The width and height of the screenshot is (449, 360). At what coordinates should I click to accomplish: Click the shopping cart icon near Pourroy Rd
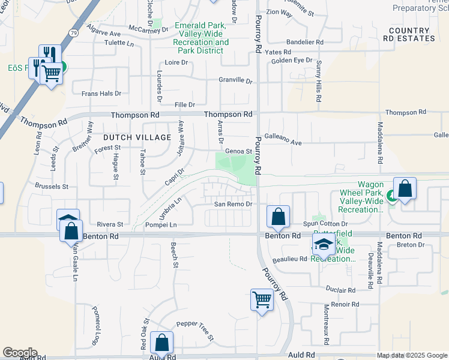click(262, 299)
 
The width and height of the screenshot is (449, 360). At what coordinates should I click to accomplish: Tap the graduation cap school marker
click(323, 244)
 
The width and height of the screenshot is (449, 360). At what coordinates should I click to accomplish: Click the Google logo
click(19, 353)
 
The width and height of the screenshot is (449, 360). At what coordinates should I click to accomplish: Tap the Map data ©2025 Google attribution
click(411, 355)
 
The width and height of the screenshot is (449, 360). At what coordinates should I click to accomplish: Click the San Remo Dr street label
click(232, 205)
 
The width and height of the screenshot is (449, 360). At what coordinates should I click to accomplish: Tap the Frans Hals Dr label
click(101, 94)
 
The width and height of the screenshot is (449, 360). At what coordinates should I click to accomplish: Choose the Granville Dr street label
click(235, 80)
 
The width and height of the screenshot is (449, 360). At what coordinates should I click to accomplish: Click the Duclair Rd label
click(342, 290)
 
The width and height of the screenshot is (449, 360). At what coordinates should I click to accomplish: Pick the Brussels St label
click(52, 187)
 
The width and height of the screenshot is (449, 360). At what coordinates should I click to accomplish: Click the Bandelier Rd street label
click(304, 43)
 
